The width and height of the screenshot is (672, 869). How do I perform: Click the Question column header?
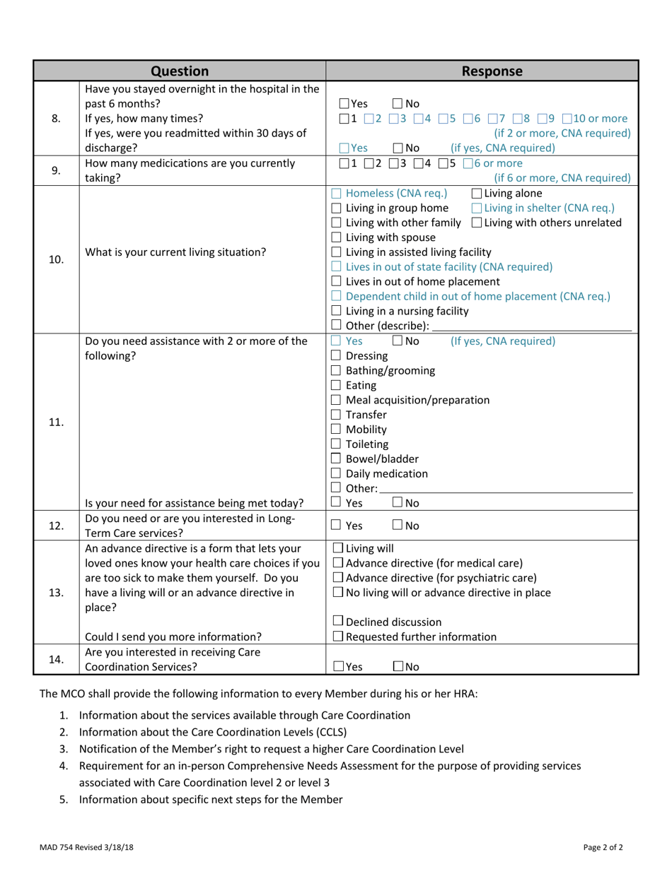[180, 71]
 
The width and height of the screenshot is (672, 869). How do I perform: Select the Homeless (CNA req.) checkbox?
[337, 193]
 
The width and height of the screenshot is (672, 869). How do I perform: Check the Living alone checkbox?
[477, 193]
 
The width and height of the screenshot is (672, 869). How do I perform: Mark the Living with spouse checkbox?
[337, 237]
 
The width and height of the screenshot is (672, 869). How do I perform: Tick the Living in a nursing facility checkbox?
[337, 311]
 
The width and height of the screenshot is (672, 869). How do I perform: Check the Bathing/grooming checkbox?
[337, 371]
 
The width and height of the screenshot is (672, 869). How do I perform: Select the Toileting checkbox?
[337, 444]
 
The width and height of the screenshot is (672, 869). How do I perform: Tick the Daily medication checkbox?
[337, 474]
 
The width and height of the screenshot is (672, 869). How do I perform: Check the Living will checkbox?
[337, 548]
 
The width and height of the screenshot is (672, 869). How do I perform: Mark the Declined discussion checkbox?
[337, 622]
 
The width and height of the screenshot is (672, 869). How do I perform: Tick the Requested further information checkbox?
[337, 637]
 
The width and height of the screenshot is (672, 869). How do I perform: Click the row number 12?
[57, 526]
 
